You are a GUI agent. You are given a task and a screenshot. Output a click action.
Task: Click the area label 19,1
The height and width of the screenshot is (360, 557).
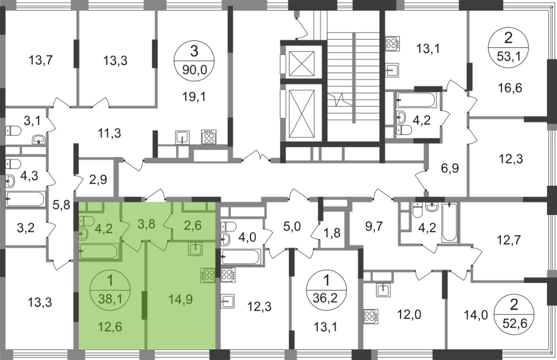(x=194, y=96)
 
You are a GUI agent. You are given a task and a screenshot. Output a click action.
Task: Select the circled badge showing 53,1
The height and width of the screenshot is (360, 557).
(x=508, y=47)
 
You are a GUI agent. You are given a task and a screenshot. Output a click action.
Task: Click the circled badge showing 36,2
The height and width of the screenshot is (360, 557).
(x=326, y=290)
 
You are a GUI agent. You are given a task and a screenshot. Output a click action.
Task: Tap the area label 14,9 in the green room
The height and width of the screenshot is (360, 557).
(x=181, y=299)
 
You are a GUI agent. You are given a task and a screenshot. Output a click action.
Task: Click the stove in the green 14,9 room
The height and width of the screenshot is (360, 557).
(x=208, y=275)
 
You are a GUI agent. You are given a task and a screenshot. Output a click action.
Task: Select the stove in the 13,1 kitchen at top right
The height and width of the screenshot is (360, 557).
(x=392, y=44)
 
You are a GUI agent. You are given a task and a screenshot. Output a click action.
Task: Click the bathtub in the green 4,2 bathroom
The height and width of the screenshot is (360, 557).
(x=98, y=252)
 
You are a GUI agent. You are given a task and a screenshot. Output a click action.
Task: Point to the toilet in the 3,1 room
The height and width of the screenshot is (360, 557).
(x=13, y=131)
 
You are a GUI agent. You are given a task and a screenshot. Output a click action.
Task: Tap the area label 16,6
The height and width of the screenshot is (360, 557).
(x=510, y=88)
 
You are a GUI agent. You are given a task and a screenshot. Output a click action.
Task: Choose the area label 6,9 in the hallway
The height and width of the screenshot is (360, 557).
(x=450, y=168)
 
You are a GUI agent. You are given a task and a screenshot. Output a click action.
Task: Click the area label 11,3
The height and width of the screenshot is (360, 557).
(x=110, y=134)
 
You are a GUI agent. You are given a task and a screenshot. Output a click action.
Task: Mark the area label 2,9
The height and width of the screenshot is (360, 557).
(x=98, y=180)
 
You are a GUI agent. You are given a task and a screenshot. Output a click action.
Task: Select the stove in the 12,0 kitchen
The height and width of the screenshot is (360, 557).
(x=370, y=316)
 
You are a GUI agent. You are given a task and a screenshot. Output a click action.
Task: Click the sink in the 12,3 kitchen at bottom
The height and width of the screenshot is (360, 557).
(x=227, y=302)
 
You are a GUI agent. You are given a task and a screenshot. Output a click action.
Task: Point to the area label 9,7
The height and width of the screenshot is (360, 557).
(x=374, y=226)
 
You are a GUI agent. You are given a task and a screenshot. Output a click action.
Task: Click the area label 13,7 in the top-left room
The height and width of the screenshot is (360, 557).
(x=41, y=60)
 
